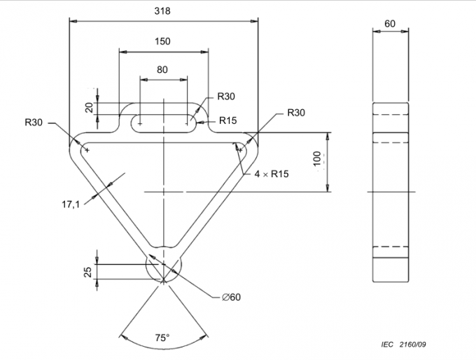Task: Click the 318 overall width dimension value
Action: [163, 11]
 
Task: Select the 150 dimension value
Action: [162, 41]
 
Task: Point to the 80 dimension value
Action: [162, 69]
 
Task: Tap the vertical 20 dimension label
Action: [89, 108]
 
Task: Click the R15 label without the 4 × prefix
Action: [227, 120]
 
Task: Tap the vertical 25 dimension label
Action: [88, 272]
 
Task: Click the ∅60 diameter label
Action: [231, 297]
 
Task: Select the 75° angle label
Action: [162, 338]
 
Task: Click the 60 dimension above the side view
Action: [390, 23]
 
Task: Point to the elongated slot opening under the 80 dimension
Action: [163, 123]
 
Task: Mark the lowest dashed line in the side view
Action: [390, 247]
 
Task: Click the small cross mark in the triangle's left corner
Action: [86, 149]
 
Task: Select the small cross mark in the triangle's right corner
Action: [240, 149]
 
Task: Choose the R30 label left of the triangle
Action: [34, 122]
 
